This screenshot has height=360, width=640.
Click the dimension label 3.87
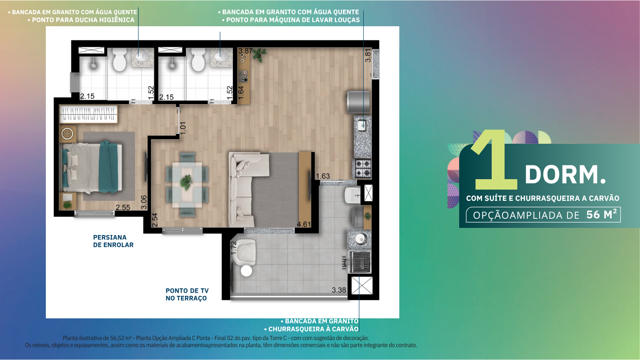point(246,51)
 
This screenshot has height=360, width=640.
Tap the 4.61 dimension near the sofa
point(304,224)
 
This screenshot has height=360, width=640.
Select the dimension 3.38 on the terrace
point(339,290)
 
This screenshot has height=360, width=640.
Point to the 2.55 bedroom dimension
point(123,207)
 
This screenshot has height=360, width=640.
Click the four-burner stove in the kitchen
point(363,169)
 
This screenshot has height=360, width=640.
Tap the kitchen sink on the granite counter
point(362,125)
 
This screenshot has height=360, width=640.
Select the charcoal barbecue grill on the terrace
point(360,262)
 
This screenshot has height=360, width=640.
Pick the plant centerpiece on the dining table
point(187,181)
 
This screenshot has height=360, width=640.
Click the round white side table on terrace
point(246,270)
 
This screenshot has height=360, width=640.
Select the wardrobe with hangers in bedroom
point(89,114)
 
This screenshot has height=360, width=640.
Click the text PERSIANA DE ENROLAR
point(113,241)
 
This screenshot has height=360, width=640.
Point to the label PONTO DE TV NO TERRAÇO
point(187,294)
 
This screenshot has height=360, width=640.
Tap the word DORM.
point(565,175)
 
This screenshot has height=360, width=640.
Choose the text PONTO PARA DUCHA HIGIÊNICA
point(83,20)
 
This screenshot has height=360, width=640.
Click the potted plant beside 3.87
point(260,55)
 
